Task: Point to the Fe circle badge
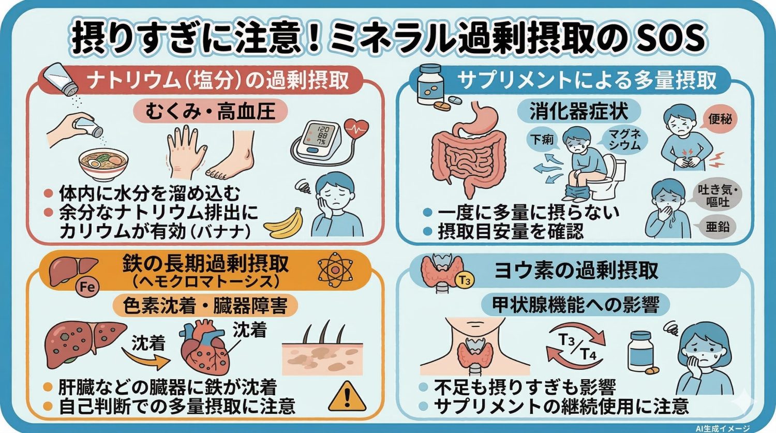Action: click(87, 286)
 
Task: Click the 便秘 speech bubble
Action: click(720, 120)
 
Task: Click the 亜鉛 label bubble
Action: click(717, 226)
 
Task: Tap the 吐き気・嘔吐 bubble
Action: click(717, 196)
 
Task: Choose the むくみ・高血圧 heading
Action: click(210, 112)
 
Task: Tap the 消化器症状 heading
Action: click(579, 111)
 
